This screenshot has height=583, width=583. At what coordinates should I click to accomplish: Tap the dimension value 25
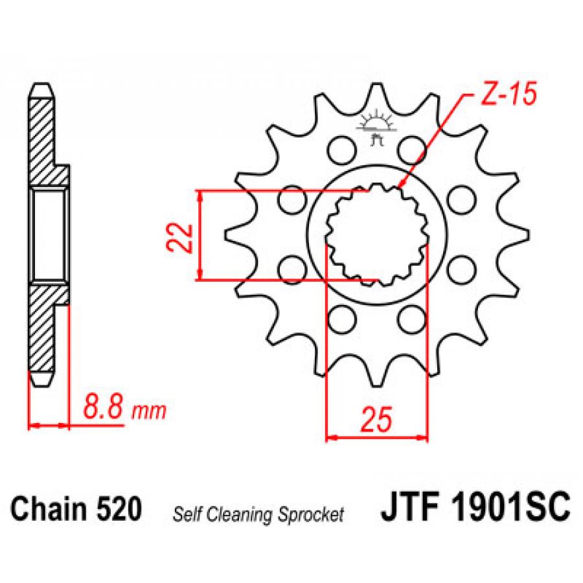pos(376,419)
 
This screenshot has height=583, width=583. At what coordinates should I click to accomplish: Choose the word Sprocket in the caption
pos(311,516)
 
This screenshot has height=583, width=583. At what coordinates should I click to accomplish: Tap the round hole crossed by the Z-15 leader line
pos(411,150)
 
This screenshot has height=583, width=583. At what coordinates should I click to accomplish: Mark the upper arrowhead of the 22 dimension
pos(201,196)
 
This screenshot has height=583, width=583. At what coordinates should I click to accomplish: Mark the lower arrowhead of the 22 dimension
pos(201,274)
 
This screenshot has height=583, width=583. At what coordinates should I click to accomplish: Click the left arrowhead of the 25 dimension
pos(331,438)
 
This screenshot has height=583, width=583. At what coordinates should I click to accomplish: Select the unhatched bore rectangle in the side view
pos(49,234)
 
